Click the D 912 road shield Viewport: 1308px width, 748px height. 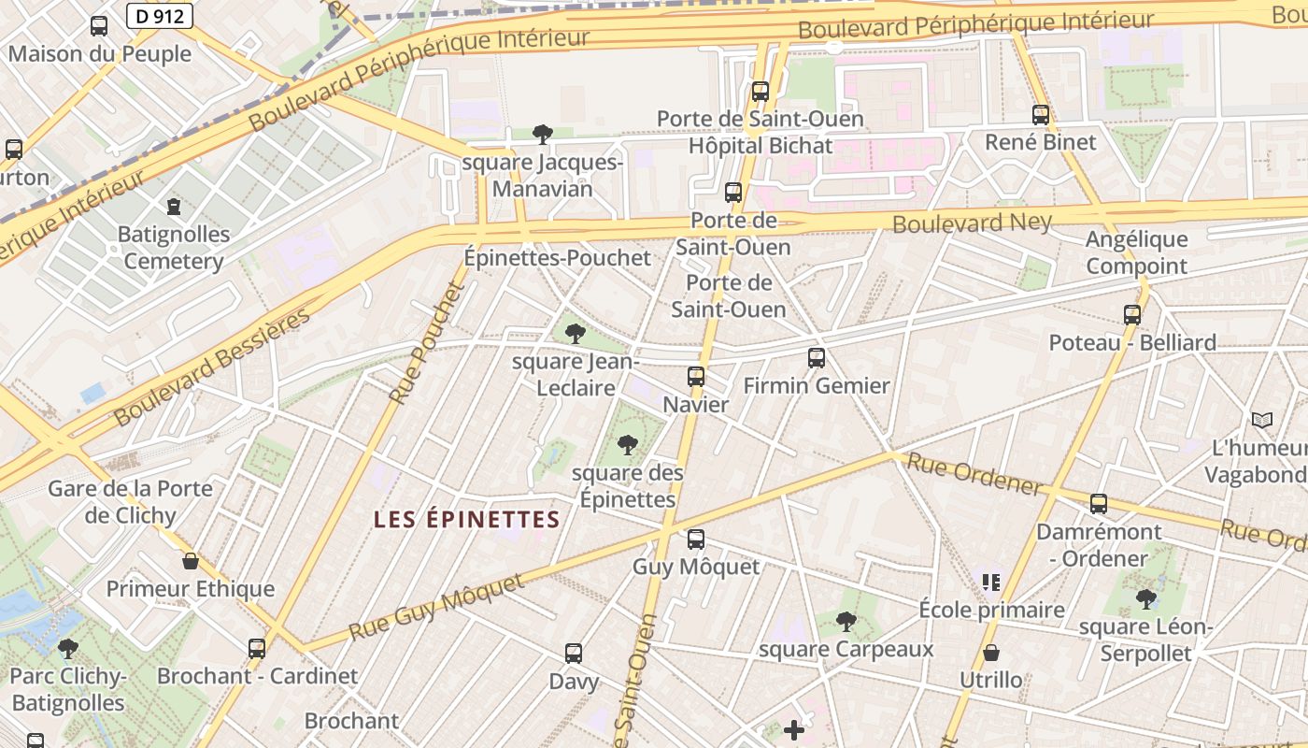[159, 15]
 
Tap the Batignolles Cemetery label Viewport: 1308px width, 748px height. [174, 247]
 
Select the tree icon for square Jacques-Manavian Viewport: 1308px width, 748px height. [542, 135]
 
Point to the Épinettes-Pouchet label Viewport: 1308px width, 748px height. [558, 258]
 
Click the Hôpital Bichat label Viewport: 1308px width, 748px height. [760, 146]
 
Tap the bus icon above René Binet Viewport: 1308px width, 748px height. [1041, 115]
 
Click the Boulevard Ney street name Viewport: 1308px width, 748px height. [972, 223]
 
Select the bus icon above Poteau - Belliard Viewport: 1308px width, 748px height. [1132, 315]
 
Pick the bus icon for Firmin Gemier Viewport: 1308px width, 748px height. [817, 358]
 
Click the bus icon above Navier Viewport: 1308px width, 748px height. [696, 377]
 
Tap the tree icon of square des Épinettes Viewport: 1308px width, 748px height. [628, 445]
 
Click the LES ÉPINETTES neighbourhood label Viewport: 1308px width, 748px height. [466, 520]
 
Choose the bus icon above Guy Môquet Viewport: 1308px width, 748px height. [696, 539]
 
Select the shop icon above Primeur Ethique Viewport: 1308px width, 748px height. [191, 562]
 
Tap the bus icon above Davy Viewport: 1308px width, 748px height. [574, 654]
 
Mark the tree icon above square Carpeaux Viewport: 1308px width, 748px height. [846, 621]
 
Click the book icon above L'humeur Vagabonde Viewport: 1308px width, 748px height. [1262, 421]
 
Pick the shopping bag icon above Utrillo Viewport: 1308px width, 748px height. [990, 653]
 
